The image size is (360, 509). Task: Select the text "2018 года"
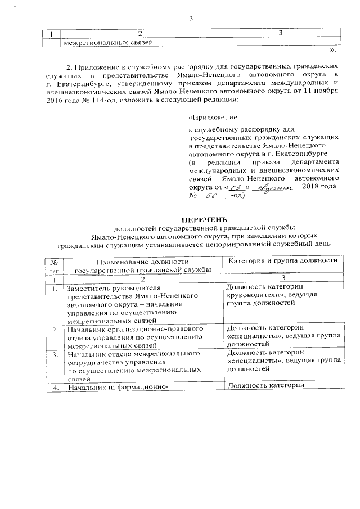tap(319, 187)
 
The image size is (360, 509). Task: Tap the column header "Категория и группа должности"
tap(281, 260)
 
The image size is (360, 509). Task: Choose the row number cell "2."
tap(55, 330)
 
